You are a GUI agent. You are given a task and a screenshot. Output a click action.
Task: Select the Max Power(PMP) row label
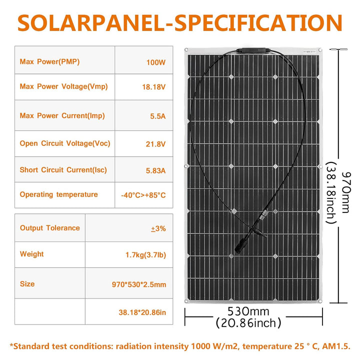point(49,62)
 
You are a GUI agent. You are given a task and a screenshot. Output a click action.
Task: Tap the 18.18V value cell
point(153,87)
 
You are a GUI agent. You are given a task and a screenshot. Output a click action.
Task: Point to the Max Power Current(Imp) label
point(62,116)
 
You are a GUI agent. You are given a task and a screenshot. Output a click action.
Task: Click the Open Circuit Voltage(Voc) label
point(65,143)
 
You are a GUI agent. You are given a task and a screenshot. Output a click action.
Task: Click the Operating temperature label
point(59,194)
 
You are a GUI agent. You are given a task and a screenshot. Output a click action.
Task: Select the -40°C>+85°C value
point(143,195)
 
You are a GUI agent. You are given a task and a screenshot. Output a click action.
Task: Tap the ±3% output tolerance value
point(158,228)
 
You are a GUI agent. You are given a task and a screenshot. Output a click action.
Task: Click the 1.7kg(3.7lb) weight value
point(146,255)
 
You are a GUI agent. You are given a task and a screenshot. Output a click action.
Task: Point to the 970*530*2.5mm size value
point(139,284)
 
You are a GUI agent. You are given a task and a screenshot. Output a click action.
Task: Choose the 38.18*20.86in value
point(142,312)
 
